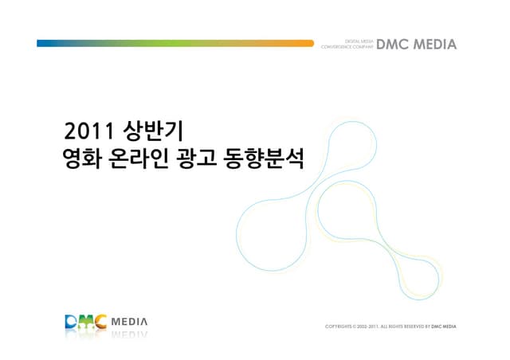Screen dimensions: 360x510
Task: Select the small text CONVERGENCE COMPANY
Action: tap(346, 48)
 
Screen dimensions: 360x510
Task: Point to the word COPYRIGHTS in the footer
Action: tap(339, 326)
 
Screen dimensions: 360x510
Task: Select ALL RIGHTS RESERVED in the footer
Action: tap(403, 326)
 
